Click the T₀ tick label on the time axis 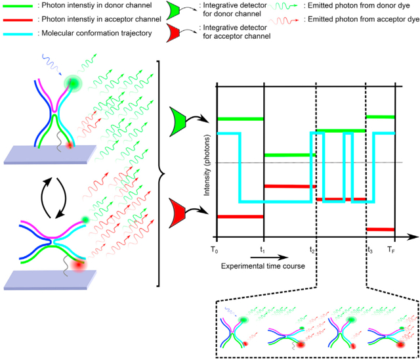click(x=213, y=250)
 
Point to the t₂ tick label click(x=314, y=250)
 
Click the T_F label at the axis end click(x=391, y=250)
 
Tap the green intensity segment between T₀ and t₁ click(x=240, y=119)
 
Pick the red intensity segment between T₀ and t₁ click(x=240, y=216)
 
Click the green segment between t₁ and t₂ click(x=289, y=155)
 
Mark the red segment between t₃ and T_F click(x=381, y=229)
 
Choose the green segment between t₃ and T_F click(x=381, y=117)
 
